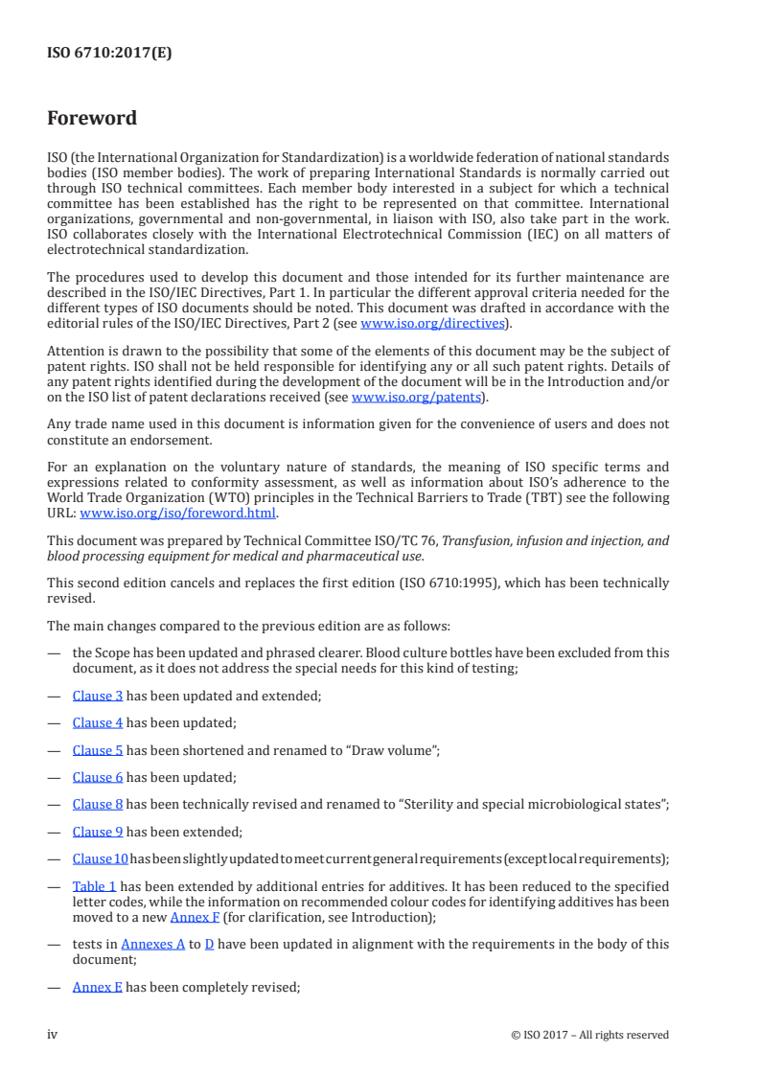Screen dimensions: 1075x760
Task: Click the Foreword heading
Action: (92, 119)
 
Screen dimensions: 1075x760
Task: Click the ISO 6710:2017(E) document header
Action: (109, 54)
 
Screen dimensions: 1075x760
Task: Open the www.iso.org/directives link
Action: (431, 324)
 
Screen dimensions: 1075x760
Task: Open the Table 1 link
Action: (94, 886)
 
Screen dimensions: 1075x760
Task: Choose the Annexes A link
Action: (154, 944)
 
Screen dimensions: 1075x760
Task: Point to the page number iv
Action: (53, 1035)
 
